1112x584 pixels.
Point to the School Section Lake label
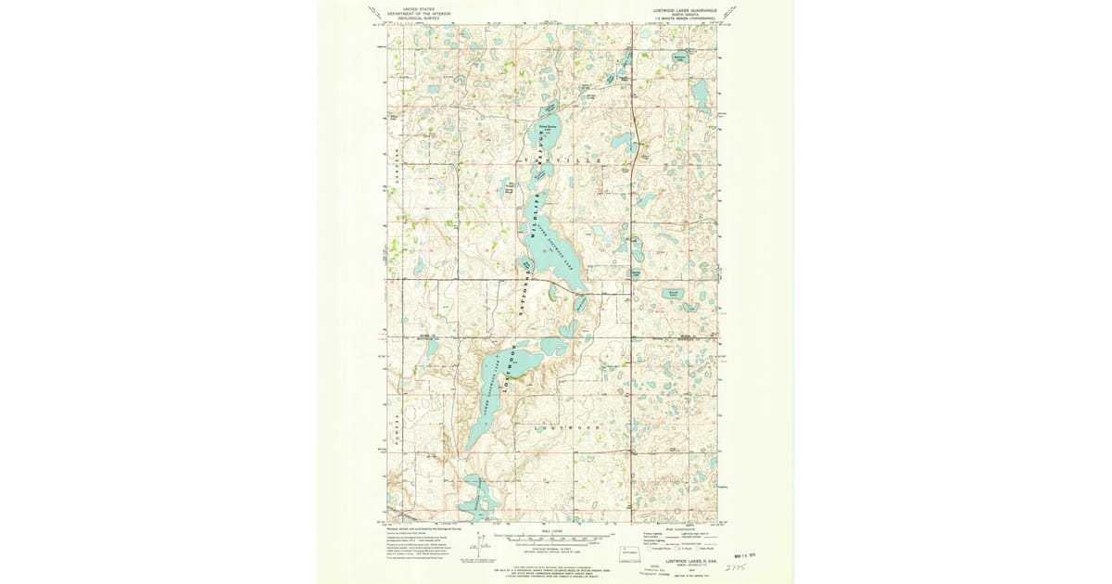pyautogui.click(x=548, y=128)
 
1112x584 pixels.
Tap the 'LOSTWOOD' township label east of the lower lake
pyautogui.click(x=567, y=427)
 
